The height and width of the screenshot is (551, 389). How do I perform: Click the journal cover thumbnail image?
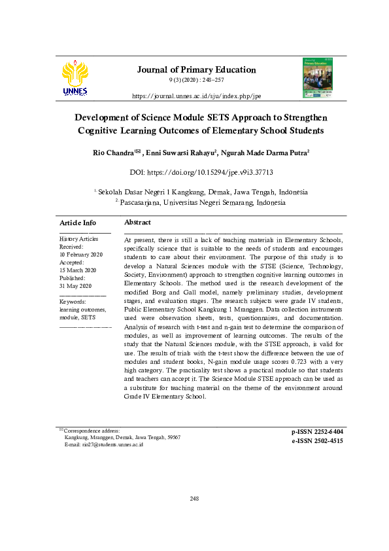(317, 78)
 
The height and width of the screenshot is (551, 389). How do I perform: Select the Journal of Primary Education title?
(196, 69)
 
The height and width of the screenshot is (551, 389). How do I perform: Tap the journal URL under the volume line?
(196, 96)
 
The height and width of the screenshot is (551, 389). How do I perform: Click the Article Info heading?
(78, 223)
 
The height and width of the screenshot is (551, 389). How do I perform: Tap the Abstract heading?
(137, 223)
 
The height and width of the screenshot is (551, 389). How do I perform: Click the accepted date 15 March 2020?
(77, 270)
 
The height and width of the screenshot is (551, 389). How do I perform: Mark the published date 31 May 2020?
(76, 286)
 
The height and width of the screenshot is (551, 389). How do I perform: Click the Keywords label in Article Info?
(73, 301)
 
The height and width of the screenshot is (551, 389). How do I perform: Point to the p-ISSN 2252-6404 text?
(317, 432)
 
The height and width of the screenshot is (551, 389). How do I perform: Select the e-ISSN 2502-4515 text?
(317, 441)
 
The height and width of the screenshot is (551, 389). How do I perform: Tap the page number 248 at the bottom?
(194, 499)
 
